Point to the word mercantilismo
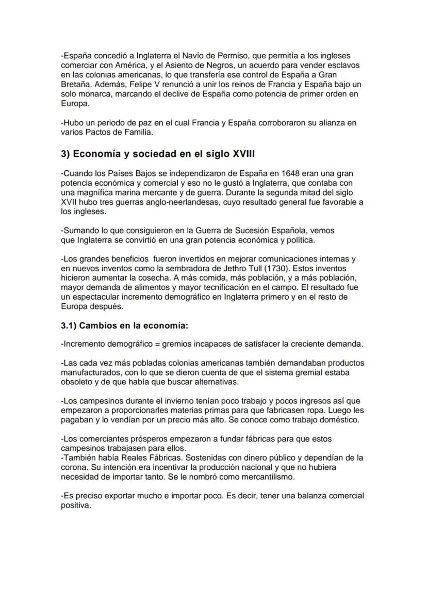268,477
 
